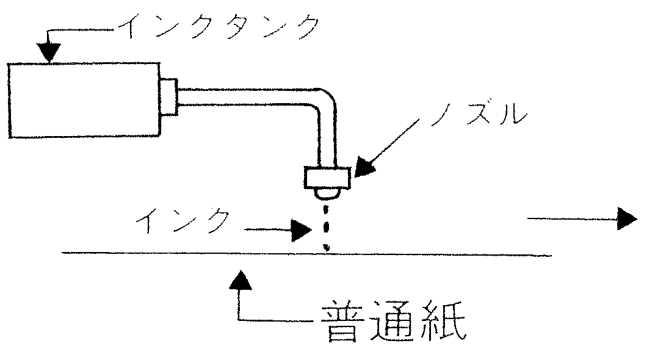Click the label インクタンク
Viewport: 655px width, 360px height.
tap(219, 26)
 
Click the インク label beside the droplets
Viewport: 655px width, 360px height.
tap(183, 221)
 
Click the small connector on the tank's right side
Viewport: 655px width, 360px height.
tap(168, 96)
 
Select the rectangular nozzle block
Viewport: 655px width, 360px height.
tap(327, 178)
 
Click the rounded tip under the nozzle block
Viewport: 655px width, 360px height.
tap(327, 193)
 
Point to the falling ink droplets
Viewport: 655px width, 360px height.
tap(327, 227)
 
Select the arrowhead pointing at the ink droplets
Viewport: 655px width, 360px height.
tap(302, 230)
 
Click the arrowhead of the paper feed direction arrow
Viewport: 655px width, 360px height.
tap(627, 218)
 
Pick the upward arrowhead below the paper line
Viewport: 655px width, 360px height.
tap(241, 280)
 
